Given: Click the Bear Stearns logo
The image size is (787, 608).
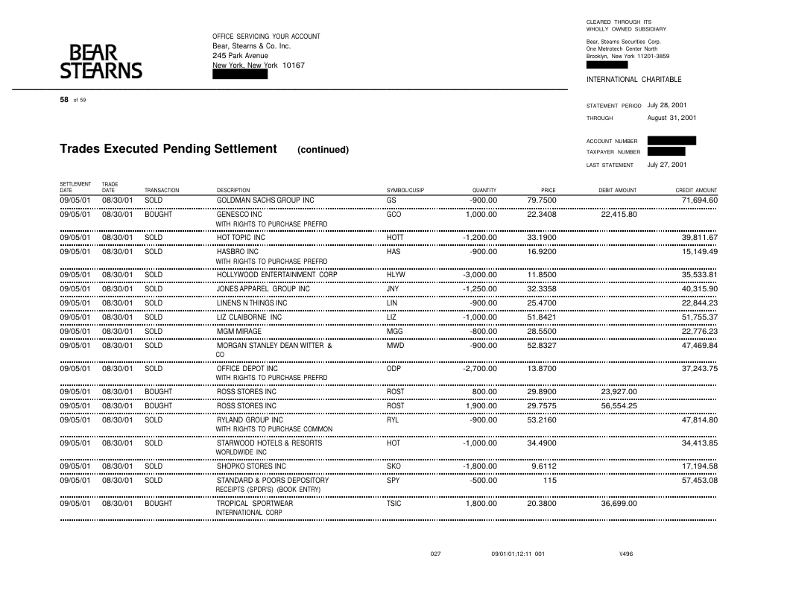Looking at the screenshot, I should click(x=101, y=62).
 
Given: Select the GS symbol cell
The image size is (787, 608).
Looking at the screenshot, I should click(x=392, y=200).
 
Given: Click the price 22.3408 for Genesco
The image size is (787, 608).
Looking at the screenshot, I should click(x=541, y=215).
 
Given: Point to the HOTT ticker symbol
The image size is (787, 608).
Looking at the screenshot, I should click(x=395, y=238).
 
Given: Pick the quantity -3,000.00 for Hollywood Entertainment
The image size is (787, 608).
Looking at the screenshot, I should click(x=480, y=275).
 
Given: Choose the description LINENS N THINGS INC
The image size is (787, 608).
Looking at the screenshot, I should click(x=252, y=303).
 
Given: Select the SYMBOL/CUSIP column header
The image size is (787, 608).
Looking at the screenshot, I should click(x=405, y=191).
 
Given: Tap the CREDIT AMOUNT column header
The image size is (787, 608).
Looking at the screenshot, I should click(x=696, y=191).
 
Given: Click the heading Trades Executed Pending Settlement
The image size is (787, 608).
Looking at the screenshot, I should click(x=168, y=149).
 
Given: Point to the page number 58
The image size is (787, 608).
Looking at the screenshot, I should click(x=64, y=100).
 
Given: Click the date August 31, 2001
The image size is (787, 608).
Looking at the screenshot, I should click(x=671, y=118).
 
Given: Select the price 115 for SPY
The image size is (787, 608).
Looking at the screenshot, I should click(x=549, y=481).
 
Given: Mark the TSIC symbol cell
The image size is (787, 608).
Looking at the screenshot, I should click(x=394, y=504).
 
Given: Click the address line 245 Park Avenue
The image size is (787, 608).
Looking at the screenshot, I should click(x=240, y=55).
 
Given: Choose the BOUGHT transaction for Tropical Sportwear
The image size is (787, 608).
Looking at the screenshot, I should click(x=158, y=504).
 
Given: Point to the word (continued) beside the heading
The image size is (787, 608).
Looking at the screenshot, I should click(x=323, y=150).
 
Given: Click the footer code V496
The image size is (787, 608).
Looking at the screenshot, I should click(x=626, y=554).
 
